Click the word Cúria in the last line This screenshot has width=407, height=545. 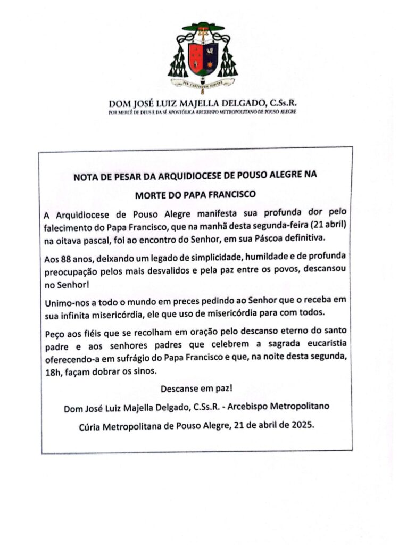[x=93, y=426]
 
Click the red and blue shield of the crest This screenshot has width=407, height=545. [x=203, y=57]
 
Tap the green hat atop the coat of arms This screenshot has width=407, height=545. [x=203, y=27]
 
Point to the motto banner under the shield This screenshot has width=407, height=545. [x=203, y=83]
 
